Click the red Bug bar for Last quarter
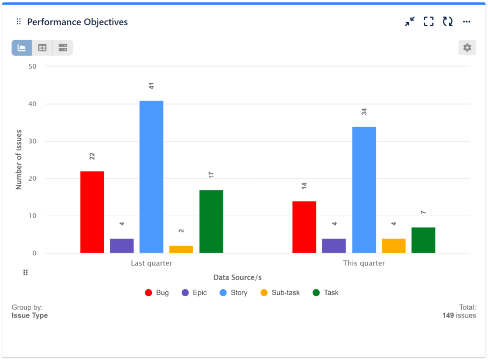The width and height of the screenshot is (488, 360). pos(92,212)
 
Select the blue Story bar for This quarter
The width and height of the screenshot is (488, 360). pos(364,189)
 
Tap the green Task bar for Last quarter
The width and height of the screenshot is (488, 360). pos(211,221)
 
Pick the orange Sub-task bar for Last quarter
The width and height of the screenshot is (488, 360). pos(181,249)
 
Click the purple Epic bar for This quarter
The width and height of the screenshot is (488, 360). pos(334,246)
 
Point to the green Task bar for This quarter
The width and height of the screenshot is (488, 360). pos(423,240)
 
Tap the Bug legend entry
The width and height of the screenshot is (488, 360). pos(157,293)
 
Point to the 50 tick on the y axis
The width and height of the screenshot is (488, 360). pos(33,67)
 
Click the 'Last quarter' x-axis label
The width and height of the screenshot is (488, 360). pos(152,263)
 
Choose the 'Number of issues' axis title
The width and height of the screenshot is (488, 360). pos(19,159)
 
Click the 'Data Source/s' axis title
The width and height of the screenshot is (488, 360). pos(238,277)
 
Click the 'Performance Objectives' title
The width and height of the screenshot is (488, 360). pos(77,22)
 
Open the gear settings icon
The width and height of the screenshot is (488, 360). pos(467,48)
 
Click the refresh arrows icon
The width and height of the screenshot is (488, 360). pos(448,21)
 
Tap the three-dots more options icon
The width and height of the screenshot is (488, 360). pos(467,21)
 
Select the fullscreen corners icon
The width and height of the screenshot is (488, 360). pos(428,21)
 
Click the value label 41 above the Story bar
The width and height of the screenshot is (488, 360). pos(152,86)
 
